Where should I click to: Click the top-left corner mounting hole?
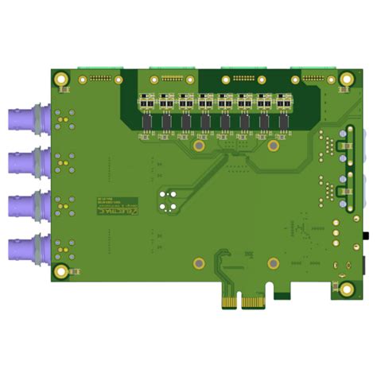(x=61, y=80)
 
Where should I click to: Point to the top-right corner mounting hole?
(x=347, y=80)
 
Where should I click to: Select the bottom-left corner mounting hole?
(x=61, y=271)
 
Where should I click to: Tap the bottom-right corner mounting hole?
(x=347, y=289)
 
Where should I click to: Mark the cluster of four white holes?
(x=166, y=199)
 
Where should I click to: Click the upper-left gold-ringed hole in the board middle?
(x=200, y=146)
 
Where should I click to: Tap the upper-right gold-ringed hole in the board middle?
(x=274, y=146)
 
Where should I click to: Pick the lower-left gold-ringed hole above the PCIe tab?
(x=200, y=263)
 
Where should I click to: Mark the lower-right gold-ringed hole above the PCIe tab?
(x=274, y=263)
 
